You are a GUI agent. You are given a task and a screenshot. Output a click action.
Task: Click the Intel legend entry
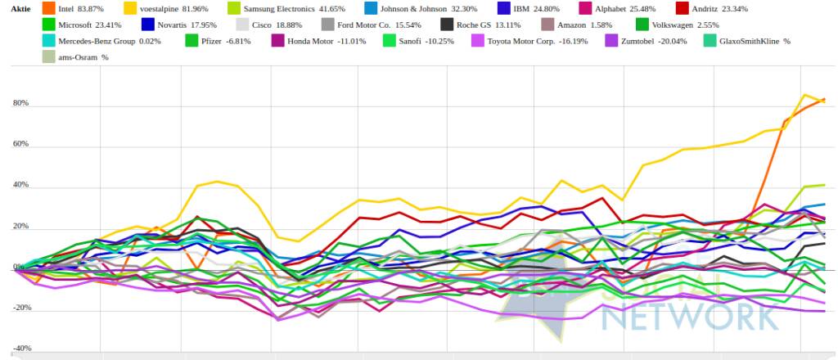(x=79, y=8)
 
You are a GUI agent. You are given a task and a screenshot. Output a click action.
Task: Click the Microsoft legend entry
(x=91, y=25)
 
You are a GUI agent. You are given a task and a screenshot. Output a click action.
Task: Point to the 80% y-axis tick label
(x=20, y=103)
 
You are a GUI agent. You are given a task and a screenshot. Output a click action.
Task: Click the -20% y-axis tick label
(x=20, y=308)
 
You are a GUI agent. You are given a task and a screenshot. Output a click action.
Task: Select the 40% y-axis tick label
(x=20, y=185)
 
